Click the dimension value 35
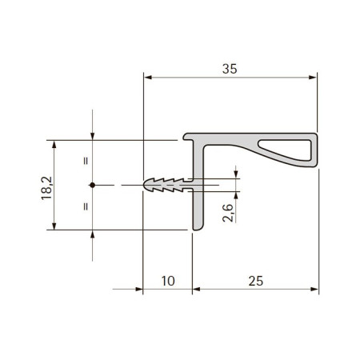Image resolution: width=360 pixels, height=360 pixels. [x=230, y=69]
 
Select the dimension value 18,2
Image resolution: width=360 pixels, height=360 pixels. [x=46, y=188]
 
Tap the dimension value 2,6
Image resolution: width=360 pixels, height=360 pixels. [x=228, y=213]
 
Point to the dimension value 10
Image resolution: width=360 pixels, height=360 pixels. [x=168, y=281]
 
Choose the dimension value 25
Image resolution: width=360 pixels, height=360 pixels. [x=256, y=281]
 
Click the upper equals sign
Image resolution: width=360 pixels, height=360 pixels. [x=86, y=161]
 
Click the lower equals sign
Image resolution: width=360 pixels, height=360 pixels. [x=86, y=206]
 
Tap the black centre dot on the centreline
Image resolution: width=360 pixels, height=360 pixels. [x=92, y=185]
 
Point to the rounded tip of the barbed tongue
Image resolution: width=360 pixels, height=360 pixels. [x=145, y=185]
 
